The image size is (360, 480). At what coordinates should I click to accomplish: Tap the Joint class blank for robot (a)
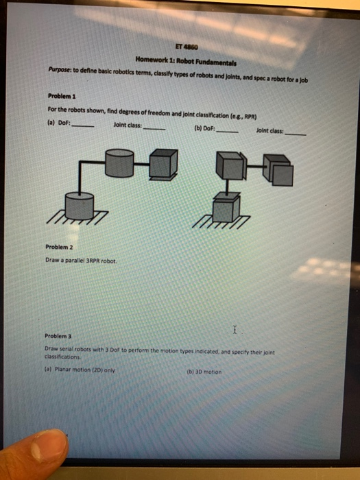click(x=153, y=127)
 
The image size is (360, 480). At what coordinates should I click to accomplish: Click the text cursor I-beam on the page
click(x=235, y=330)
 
